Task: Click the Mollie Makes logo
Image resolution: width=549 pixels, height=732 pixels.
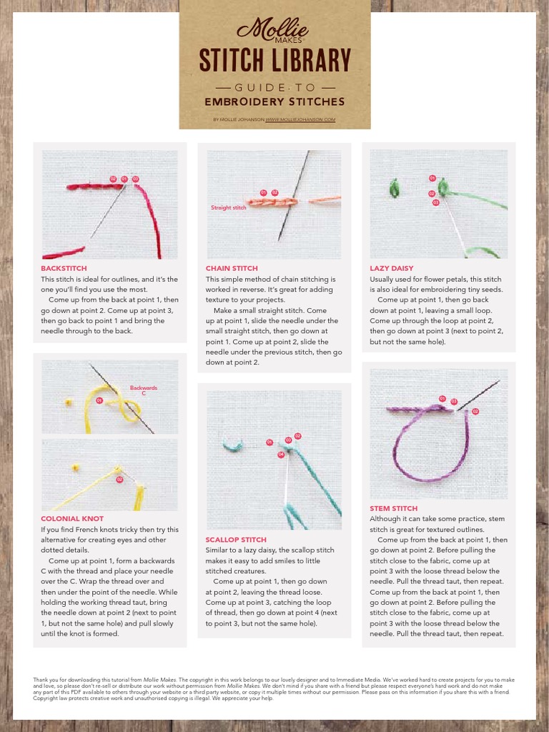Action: pyautogui.click(x=274, y=29)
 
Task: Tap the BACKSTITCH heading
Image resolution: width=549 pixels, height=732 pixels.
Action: pyautogui.click(x=64, y=269)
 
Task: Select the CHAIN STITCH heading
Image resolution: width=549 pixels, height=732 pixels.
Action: pyautogui.click(x=232, y=269)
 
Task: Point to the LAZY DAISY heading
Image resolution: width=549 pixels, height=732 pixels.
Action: pyautogui.click(x=392, y=269)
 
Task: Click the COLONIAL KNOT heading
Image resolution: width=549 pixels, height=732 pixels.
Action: pyautogui.click(x=72, y=519)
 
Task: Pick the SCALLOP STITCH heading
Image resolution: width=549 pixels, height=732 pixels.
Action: pyautogui.click(x=236, y=540)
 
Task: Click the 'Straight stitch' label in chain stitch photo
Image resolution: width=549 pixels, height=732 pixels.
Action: pyautogui.click(x=228, y=207)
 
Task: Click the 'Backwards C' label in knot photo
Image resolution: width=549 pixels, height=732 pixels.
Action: pyautogui.click(x=143, y=390)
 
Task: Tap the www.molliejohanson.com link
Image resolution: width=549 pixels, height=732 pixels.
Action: pyautogui.click(x=300, y=120)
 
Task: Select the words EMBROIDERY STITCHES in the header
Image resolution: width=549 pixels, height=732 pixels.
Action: pyautogui.click(x=274, y=102)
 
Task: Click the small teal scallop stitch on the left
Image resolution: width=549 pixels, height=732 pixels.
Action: pyautogui.click(x=232, y=445)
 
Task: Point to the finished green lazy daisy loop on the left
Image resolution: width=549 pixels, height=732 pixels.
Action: pyautogui.click(x=393, y=189)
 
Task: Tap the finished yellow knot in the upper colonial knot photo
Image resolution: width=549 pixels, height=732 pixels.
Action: pyautogui.click(x=69, y=402)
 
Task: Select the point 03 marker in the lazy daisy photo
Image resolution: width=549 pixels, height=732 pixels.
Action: pyautogui.click(x=435, y=203)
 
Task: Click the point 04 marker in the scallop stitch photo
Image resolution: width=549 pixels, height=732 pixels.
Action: pyautogui.click(x=281, y=455)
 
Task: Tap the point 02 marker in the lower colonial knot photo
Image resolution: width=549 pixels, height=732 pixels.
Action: pyautogui.click(x=119, y=480)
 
